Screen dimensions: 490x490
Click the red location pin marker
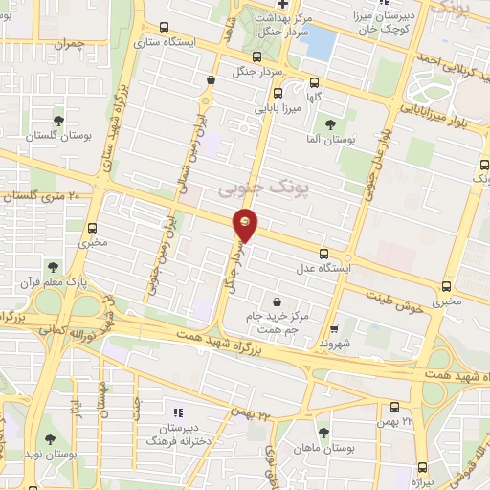pos(247,224)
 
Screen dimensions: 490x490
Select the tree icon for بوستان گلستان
pos(58,121)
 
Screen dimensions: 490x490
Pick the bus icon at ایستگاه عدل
pos(323,254)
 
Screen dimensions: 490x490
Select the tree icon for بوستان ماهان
pos(322,432)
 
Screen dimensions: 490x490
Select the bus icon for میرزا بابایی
pos(277,94)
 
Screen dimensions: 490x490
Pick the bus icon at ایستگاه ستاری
pos(164,28)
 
